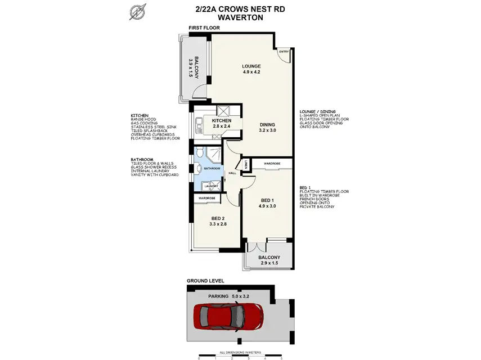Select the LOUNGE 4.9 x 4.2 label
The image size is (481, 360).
(251, 69)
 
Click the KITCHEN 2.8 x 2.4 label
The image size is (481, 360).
(221, 124)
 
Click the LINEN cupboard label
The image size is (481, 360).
(246, 164)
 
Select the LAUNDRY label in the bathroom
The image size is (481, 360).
(211, 186)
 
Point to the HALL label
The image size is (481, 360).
(232, 173)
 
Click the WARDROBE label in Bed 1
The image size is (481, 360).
(272, 163)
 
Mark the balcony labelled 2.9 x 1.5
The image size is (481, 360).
(268, 259)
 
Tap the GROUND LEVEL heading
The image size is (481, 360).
(205, 280)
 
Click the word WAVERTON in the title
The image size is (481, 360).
(240, 17)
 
